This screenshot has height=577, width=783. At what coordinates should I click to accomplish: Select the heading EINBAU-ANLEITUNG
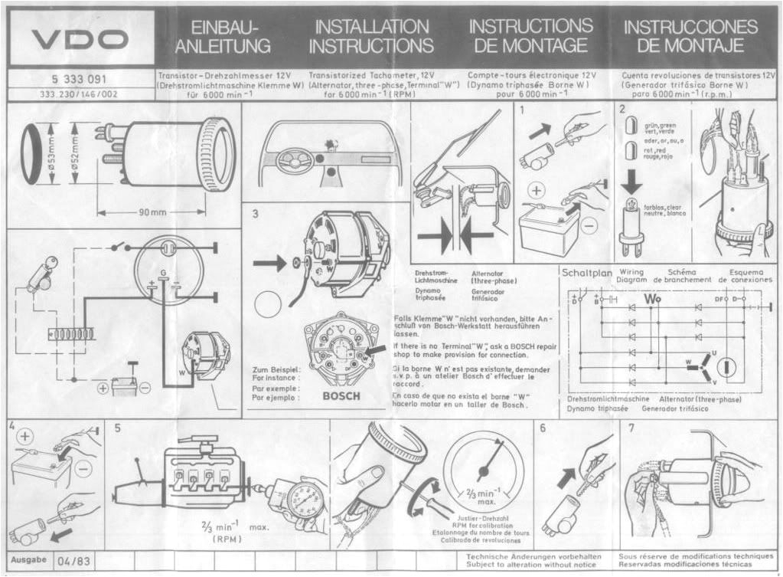click(x=223, y=37)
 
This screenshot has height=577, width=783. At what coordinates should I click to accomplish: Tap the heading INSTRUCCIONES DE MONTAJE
click(x=690, y=36)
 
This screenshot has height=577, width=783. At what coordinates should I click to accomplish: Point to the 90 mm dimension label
click(x=152, y=212)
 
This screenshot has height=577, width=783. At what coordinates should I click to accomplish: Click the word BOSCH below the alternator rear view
click(x=341, y=396)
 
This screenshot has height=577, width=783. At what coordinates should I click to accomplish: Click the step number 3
click(x=256, y=215)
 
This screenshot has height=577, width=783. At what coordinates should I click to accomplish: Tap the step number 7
click(x=631, y=428)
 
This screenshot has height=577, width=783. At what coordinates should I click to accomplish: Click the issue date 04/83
click(x=73, y=561)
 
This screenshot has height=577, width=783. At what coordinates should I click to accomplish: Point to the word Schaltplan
click(x=587, y=272)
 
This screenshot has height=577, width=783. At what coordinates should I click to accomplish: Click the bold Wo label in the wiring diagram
click(x=652, y=298)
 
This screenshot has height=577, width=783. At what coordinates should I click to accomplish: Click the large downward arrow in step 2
click(x=631, y=180)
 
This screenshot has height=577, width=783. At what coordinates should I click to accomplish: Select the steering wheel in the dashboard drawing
click(x=290, y=162)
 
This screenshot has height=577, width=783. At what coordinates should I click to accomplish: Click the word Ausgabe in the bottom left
click(x=29, y=560)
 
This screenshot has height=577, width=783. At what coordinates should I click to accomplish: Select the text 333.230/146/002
click(x=79, y=95)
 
